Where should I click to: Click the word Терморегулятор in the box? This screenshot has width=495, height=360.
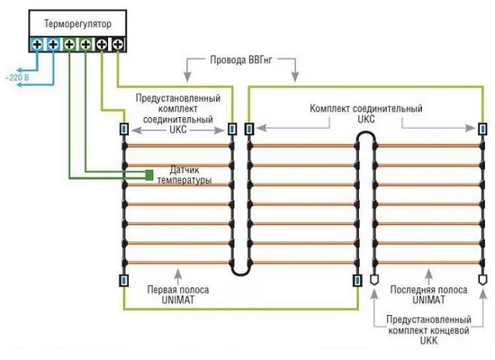[77, 24]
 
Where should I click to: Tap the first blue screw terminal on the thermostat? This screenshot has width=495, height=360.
[37, 44]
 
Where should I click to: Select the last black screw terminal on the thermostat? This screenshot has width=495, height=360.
[118, 44]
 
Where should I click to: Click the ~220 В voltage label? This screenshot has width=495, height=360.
[17, 77]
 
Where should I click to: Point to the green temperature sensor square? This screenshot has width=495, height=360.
[149, 175]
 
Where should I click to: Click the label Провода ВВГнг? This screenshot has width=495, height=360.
[241, 59]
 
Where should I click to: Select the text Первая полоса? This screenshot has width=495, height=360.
[178, 290]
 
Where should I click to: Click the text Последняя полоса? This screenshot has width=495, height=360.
[428, 290]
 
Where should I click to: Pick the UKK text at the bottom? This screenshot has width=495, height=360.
[429, 341]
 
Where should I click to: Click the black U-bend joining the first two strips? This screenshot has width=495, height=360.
[240, 269]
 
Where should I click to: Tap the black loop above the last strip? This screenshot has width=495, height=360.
[366, 138]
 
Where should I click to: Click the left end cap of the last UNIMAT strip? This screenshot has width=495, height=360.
[374, 280]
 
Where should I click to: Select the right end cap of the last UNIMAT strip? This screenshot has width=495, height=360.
[482, 280]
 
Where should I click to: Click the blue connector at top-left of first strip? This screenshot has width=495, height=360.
[124, 129]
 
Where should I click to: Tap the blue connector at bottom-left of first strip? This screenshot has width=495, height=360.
[124, 281]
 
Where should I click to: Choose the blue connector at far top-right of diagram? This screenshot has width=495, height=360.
[483, 129]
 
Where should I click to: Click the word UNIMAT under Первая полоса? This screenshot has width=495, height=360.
[178, 300]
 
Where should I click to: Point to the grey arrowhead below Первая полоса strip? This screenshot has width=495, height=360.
[179, 273]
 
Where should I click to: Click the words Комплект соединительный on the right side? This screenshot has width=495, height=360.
[366, 109]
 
